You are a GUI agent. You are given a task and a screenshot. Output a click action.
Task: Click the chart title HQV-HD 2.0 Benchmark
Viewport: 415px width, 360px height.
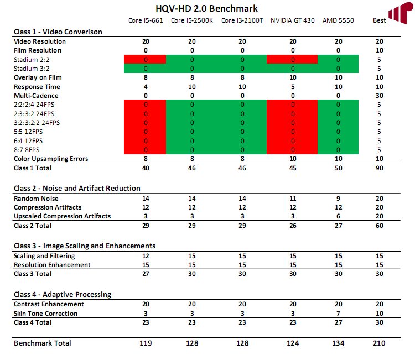point(206,8)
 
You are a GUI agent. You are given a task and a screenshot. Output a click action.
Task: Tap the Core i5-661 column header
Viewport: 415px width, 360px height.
point(146,20)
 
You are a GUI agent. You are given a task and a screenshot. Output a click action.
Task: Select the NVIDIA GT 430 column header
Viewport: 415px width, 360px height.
point(293,20)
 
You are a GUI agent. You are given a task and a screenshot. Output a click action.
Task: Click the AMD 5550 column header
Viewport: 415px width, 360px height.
point(338,20)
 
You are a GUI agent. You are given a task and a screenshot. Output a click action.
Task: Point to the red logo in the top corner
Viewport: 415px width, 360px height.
point(401,13)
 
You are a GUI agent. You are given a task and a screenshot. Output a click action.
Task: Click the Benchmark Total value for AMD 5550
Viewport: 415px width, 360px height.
point(338,343)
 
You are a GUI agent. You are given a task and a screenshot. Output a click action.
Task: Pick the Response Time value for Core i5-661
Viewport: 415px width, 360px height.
point(146,87)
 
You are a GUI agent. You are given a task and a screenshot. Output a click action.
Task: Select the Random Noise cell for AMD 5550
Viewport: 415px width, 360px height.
point(338,199)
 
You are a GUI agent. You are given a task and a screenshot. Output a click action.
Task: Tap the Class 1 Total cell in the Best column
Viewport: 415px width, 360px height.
point(379,168)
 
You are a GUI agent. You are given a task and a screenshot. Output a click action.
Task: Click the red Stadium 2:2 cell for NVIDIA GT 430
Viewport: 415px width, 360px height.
point(292,60)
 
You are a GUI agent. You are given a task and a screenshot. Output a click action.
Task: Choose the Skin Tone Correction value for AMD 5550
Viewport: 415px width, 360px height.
point(338,314)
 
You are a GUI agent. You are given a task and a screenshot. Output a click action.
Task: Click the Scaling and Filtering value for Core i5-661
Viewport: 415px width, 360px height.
point(146,256)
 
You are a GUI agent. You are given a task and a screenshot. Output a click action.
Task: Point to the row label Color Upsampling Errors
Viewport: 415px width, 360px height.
point(51,159)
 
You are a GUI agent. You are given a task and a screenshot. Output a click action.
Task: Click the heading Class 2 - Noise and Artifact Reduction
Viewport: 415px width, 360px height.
point(77,189)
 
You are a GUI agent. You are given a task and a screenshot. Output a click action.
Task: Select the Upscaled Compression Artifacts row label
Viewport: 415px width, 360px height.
point(62,216)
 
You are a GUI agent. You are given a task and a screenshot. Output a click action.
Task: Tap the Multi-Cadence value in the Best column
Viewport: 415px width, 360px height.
point(379,96)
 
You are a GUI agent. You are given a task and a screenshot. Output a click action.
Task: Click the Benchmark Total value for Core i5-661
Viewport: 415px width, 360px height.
point(146,343)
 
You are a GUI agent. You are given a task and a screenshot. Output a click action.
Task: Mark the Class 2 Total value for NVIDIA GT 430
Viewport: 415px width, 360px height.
point(293,226)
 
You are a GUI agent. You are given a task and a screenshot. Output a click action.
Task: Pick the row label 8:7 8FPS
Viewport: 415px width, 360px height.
point(27,150)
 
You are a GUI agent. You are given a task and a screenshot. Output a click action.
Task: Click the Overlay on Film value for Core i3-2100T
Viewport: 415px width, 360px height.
point(242,77)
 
